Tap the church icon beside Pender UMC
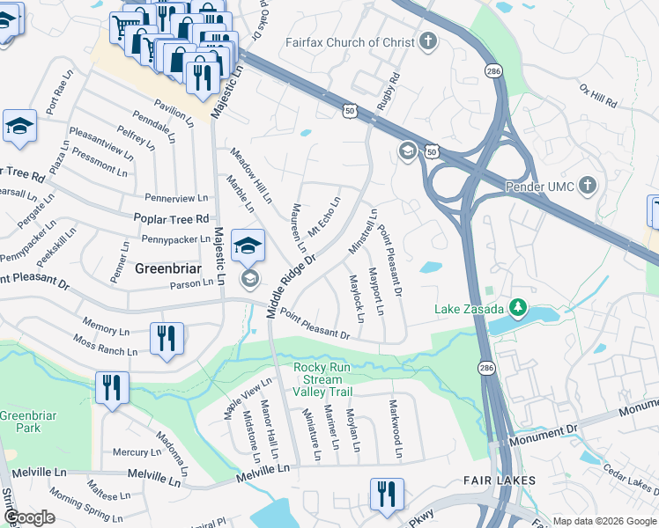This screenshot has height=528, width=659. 588,187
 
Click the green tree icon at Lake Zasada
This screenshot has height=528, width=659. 518,308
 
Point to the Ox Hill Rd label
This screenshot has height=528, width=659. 598,96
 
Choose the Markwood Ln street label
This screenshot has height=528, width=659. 396,429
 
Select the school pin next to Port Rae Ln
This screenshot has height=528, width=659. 19,127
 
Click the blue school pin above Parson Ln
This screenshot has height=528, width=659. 248,246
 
